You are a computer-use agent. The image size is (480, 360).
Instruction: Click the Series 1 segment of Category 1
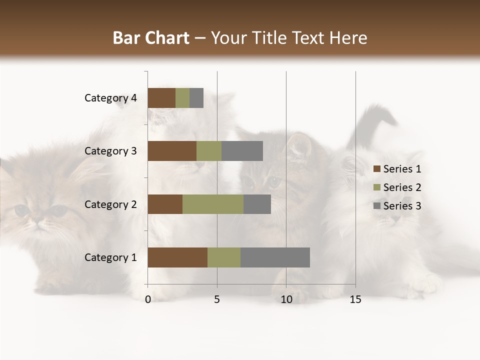pyautogui.click(x=177, y=257)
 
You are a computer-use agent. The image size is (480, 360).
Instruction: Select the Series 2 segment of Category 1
pyautogui.click(x=224, y=257)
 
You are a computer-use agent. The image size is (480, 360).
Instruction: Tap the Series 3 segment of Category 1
pyautogui.click(x=275, y=257)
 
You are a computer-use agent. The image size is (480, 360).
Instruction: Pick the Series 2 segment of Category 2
pyautogui.click(x=213, y=204)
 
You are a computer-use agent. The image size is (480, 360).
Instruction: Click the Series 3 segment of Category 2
pyautogui.click(x=257, y=204)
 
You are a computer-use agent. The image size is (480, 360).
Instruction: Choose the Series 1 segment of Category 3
pyautogui.click(x=172, y=151)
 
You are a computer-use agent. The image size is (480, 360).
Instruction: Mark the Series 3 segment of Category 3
pyautogui.click(x=242, y=151)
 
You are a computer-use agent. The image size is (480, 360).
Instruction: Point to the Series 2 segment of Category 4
pyautogui.click(x=182, y=98)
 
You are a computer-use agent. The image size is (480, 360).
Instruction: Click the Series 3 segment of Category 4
pyautogui.click(x=196, y=98)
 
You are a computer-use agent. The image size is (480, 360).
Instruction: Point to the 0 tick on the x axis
pyautogui.click(x=148, y=300)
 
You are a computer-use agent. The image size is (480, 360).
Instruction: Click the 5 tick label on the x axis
pyautogui.click(x=217, y=300)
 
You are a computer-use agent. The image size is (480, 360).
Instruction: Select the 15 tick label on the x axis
pyautogui.click(x=355, y=300)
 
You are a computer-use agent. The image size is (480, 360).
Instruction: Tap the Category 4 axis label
pyautogui.click(x=110, y=98)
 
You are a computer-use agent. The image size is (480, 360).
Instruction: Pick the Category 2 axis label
pyautogui.click(x=110, y=204)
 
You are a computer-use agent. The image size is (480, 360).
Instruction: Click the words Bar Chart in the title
pyautogui.click(x=151, y=38)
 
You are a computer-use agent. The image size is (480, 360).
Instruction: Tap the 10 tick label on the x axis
pyautogui.click(x=286, y=300)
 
